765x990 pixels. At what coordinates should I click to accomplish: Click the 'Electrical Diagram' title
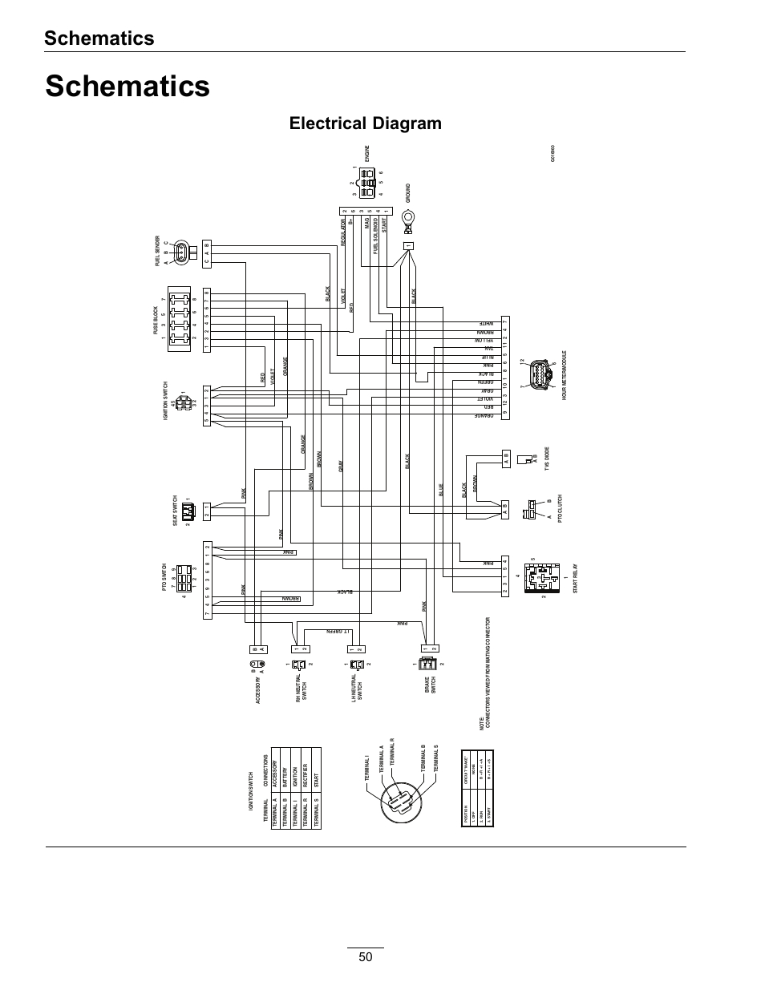point(365,123)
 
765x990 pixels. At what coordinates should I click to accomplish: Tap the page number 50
point(366,956)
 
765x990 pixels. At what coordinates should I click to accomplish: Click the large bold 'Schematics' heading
point(127,86)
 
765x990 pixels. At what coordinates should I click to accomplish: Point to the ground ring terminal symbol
point(407,216)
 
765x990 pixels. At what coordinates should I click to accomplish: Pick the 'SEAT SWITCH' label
point(175,510)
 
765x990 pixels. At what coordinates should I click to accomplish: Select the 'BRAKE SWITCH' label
point(430,685)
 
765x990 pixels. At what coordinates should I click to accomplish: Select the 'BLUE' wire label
point(441,490)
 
